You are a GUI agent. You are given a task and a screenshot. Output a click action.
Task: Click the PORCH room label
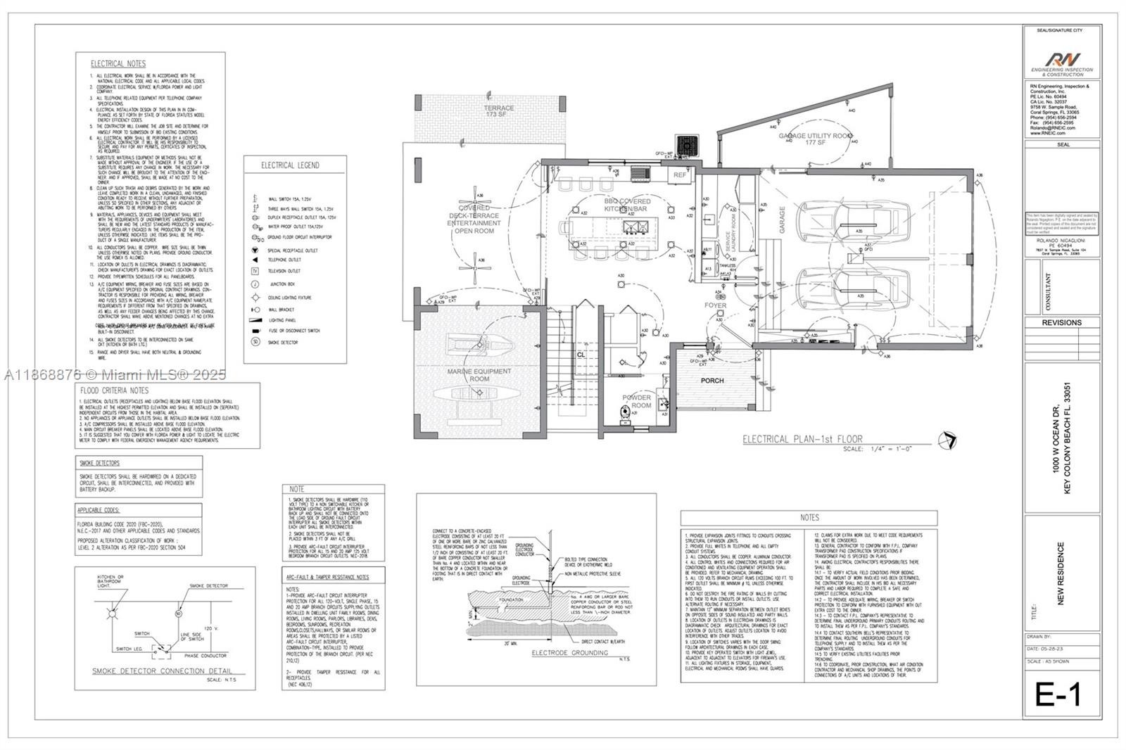tap(711, 381)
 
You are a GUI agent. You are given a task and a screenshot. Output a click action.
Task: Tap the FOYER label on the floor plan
tap(715, 305)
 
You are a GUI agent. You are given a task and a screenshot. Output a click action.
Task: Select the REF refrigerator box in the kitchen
tap(680, 174)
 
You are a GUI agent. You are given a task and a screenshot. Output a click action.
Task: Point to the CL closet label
tap(581, 355)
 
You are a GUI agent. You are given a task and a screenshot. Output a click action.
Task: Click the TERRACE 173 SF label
tap(498, 110)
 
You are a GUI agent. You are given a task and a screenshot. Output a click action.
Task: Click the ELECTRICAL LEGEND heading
tap(290, 165)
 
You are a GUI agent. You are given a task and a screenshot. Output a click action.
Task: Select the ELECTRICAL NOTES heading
tap(118, 64)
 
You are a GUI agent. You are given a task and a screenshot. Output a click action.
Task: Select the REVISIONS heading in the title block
tap(1061, 322)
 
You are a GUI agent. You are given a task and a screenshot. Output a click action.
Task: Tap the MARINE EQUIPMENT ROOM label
tap(479, 375)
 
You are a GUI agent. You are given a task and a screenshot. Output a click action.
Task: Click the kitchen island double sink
tap(642, 227)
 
